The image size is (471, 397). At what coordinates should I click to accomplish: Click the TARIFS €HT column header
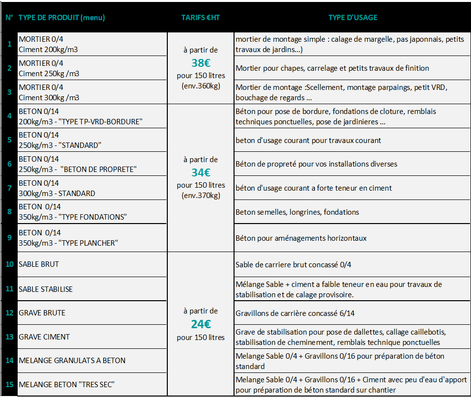(201, 18)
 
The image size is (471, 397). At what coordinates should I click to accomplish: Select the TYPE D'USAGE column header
(353, 18)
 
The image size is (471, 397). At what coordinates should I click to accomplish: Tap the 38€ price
(201, 63)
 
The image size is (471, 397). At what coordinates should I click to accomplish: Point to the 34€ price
(201, 172)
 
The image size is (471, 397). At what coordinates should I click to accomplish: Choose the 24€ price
(201, 324)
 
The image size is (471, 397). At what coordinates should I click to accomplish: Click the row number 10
(9, 264)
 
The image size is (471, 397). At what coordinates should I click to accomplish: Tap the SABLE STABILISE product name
(46, 289)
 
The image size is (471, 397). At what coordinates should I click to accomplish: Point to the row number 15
(9, 384)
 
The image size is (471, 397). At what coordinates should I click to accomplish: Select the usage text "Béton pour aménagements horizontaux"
(301, 238)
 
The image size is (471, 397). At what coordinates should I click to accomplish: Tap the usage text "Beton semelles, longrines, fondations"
(297, 212)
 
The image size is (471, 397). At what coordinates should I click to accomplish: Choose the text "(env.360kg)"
(201, 86)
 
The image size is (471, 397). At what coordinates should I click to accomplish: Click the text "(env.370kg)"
(201, 196)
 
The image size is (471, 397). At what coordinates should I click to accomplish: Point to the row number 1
(9, 44)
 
